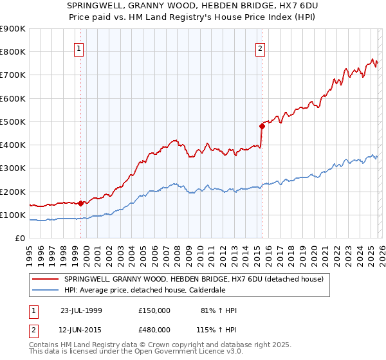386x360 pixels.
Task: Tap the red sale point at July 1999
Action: [81, 204]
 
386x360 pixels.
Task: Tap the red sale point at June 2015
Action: [262, 126]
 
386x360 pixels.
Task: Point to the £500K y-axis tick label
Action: [13, 122]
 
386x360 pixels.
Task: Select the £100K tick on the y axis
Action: [13, 215]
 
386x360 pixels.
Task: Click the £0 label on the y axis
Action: [19, 239]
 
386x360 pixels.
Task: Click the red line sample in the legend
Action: [46, 279]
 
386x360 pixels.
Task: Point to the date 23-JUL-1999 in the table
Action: [81, 310]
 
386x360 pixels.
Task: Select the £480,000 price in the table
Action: [154, 329]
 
